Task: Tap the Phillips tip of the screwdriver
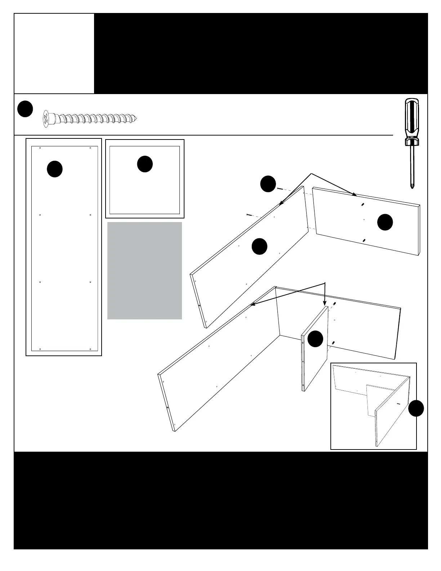click(411, 186)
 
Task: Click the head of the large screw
click(46, 118)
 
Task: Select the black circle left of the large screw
click(25, 109)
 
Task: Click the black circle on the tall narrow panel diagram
click(55, 169)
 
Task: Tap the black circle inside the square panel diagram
click(145, 164)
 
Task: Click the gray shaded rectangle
click(144, 270)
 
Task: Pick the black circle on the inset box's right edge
click(416, 408)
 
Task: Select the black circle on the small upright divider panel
click(315, 339)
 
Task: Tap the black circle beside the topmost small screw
click(268, 184)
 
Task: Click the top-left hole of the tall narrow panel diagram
click(40, 148)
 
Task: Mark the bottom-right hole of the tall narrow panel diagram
click(90, 349)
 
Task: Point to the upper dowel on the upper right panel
click(362, 205)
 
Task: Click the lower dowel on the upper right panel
click(364, 240)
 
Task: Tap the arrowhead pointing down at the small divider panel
click(325, 305)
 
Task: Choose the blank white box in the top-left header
click(54, 53)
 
